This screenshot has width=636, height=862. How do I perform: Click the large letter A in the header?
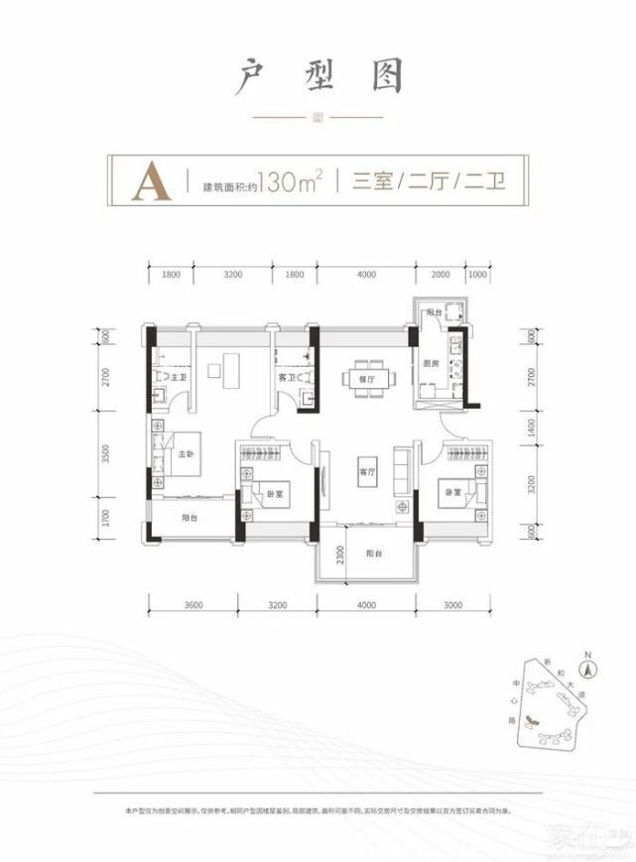click(x=150, y=181)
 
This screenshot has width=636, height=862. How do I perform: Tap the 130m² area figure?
click(x=288, y=183)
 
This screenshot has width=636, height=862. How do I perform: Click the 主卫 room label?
click(x=181, y=378)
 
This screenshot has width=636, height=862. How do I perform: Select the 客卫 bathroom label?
click(x=287, y=378)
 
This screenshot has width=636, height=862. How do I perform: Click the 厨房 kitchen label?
click(x=433, y=363)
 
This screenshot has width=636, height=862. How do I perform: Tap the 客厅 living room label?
click(x=364, y=472)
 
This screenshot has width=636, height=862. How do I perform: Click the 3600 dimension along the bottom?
click(x=192, y=604)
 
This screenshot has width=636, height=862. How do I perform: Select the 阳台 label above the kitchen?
click(x=432, y=312)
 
